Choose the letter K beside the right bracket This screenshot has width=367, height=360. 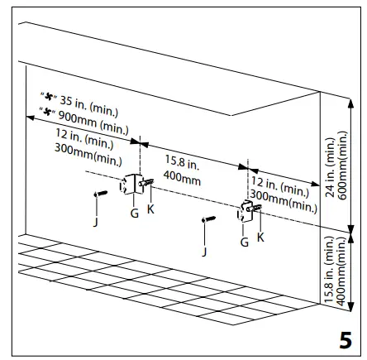(x=261, y=236)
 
